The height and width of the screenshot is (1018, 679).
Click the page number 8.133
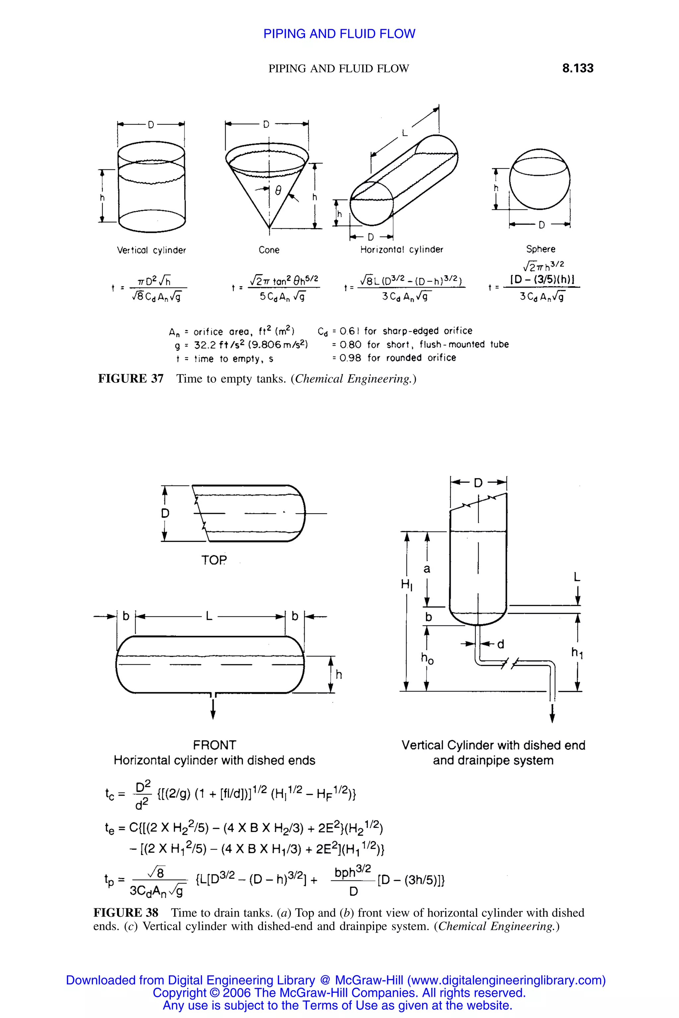pyautogui.click(x=577, y=68)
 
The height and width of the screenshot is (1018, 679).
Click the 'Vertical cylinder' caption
pyautogui.click(x=151, y=250)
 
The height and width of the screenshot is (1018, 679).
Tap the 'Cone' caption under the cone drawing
pyautogui.click(x=269, y=250)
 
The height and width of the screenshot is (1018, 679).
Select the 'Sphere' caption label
pyautogui.click(x=540, y=249)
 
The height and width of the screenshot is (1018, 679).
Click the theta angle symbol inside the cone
pyautogui.click(x=278, y=191)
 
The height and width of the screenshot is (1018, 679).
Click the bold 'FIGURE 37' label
pyautogui.click(x=131, y=379)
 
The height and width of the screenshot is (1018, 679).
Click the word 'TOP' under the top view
pyautogui.click(x=214, y=560)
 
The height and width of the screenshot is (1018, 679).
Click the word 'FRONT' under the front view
pyautogui.click(x=215, y=745)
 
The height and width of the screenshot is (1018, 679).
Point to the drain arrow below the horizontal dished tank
pyautogui.click(x=213, y=710)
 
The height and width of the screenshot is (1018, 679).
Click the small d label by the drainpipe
pyautogui.click(x=501, y=645)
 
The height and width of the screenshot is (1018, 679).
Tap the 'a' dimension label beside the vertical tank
pyautogui.click(x=427, y=569)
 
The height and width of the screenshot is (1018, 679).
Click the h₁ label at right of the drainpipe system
pyautogui.click(x=577, y=652)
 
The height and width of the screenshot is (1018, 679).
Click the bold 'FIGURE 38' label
pyautogui.click(x=126, y=913)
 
